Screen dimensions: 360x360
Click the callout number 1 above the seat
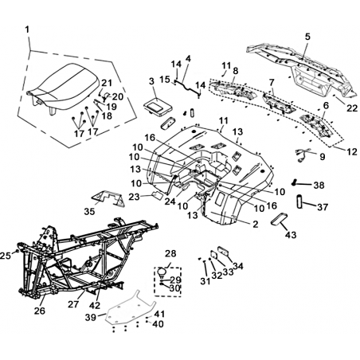pos(27,29)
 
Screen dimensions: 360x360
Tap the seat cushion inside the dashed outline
pos(63,86)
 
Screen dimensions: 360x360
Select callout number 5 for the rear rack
pos(307,37)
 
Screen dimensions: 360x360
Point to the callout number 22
pos(352,108)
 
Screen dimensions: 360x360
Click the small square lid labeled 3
pos(158,107)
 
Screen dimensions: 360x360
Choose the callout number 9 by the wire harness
pos(322,157)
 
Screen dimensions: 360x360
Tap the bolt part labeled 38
pos(294,183)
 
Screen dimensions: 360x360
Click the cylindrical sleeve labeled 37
pos(299,202)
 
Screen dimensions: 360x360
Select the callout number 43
pos(291,235)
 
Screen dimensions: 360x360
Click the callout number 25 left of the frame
pos(6,256)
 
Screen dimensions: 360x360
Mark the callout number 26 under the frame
pos(40,311)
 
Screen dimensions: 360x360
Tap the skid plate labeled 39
pos(129,308)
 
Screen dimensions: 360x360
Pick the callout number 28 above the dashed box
pos(170,253)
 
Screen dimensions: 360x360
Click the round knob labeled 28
pos(162,272)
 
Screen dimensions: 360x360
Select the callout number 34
pos(237,266)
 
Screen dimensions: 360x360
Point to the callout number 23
pos(135,197)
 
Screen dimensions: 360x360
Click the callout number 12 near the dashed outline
pos(352,151)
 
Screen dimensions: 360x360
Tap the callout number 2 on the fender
pos(255,225)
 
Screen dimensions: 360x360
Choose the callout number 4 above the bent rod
pos(188,59)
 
